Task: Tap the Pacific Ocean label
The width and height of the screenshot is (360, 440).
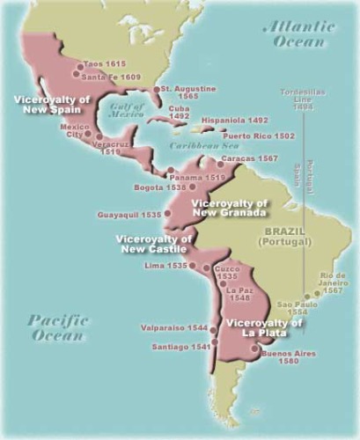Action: click(x=57, y=327)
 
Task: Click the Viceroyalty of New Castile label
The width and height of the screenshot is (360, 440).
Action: click(x=153, y=244)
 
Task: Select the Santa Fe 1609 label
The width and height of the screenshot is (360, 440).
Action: click(x=110, y=77)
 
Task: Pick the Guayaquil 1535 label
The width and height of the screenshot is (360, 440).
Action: click(x=129, y=213)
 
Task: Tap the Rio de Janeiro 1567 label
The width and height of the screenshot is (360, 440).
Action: click(x=336, y=283)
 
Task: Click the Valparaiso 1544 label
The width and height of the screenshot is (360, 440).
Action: click(x=173, y=328)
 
